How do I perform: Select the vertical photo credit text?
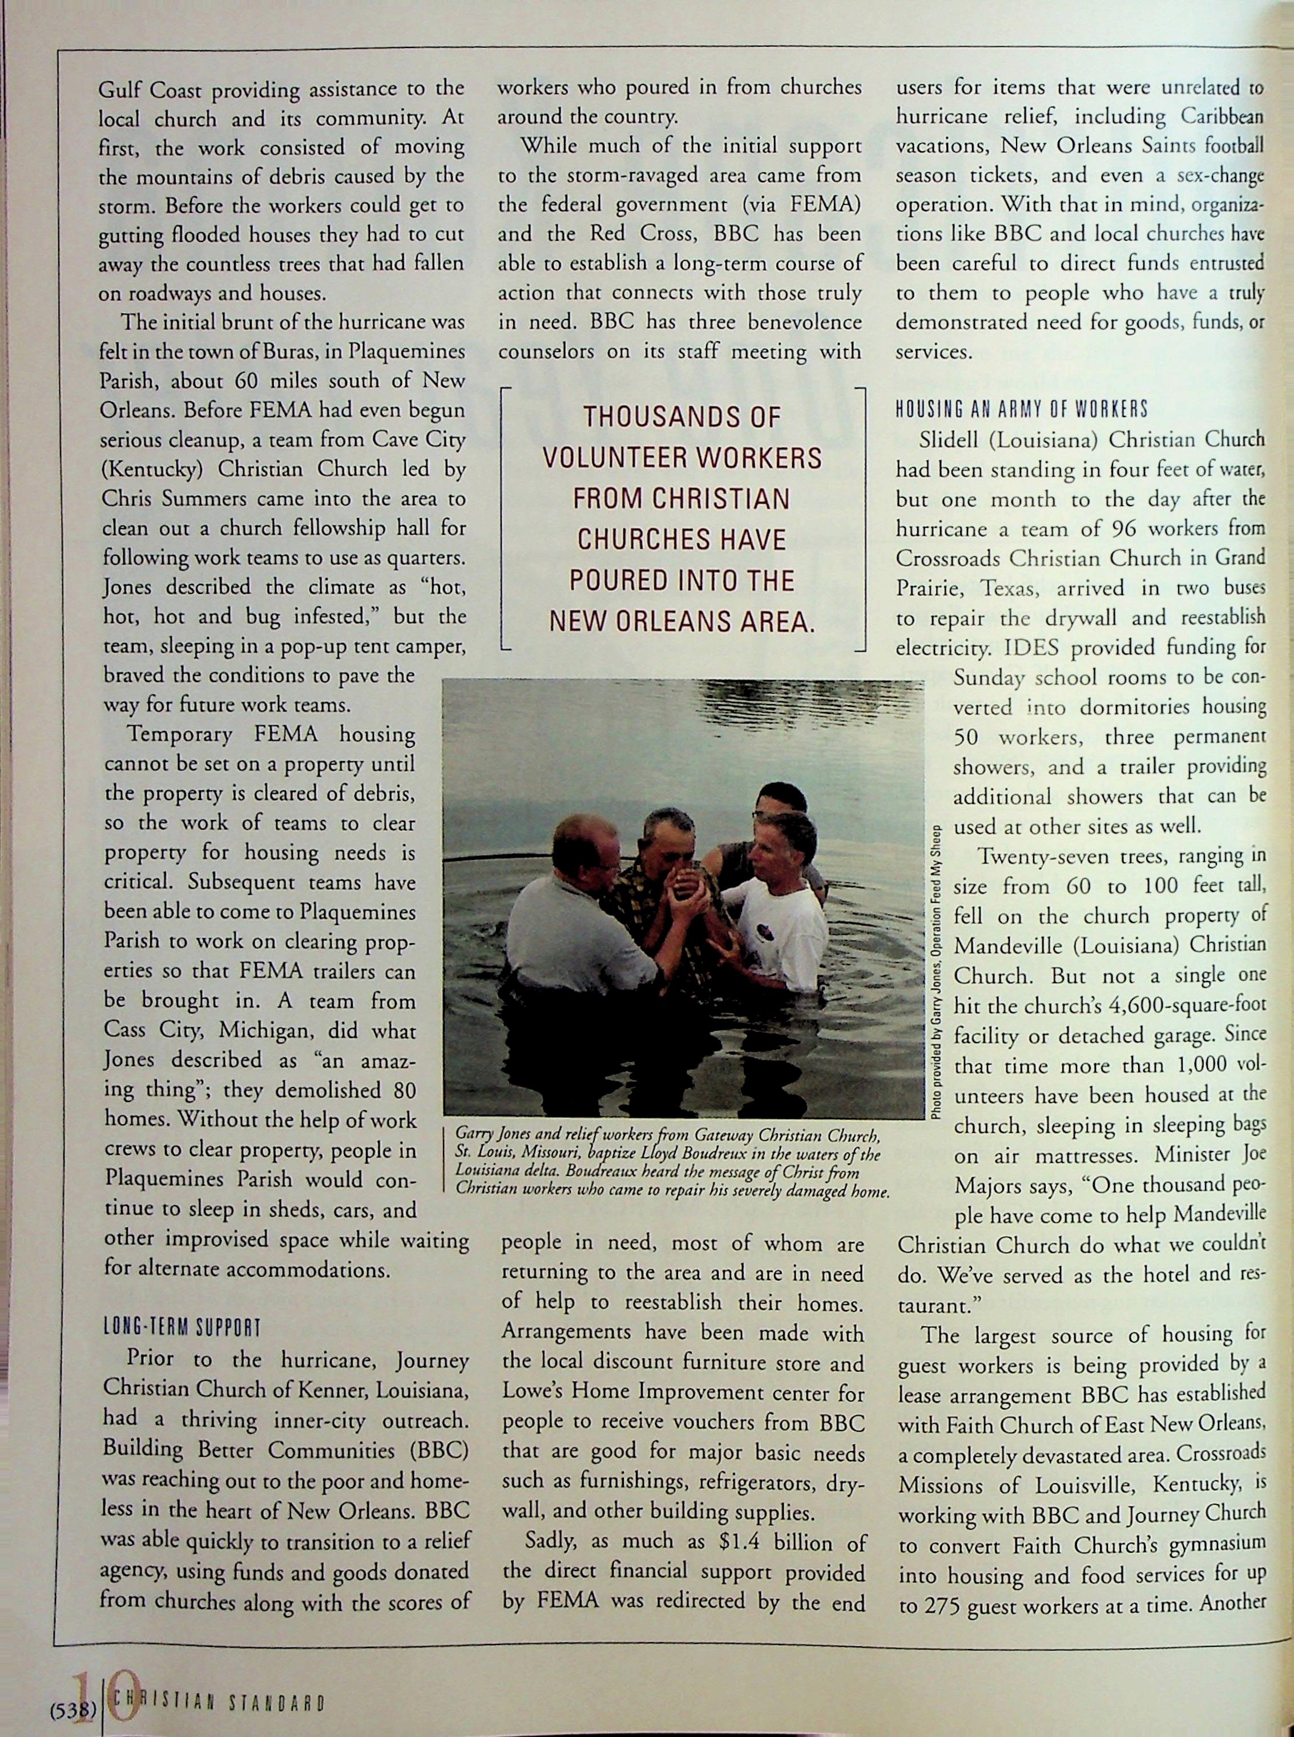pos(938,971)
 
